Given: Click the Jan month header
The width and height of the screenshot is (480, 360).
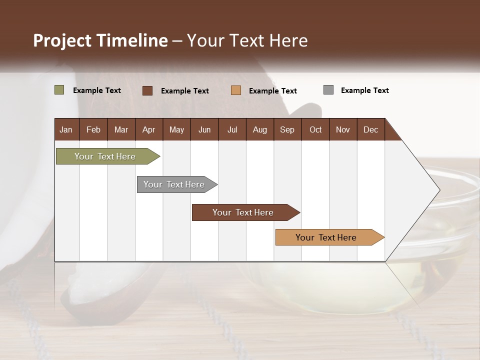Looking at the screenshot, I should (66, 129).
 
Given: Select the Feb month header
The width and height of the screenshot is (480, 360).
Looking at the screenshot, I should (93, 129).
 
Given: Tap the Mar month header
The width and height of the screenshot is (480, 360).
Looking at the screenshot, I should (121, 129).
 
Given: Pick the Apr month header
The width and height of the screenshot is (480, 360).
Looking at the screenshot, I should (149, 129).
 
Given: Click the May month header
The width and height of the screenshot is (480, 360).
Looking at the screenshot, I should (176, 129).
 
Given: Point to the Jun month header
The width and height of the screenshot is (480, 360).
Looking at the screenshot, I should (204, 129).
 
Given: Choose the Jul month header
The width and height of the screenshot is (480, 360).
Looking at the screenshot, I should (232, 129).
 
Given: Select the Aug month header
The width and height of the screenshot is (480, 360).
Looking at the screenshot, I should (260, 129).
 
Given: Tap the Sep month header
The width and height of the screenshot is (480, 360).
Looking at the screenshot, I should (287, 129).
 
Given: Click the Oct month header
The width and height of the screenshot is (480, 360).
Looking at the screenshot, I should (315, 129).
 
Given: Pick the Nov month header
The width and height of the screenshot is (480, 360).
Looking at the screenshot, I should (343, 129).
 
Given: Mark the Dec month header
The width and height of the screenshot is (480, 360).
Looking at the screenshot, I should (371, 129).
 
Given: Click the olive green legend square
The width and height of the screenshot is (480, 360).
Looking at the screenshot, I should (59, 90).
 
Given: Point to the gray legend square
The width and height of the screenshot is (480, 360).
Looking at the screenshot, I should (328, 90).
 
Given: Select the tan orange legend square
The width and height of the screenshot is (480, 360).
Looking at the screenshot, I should (236, 90).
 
